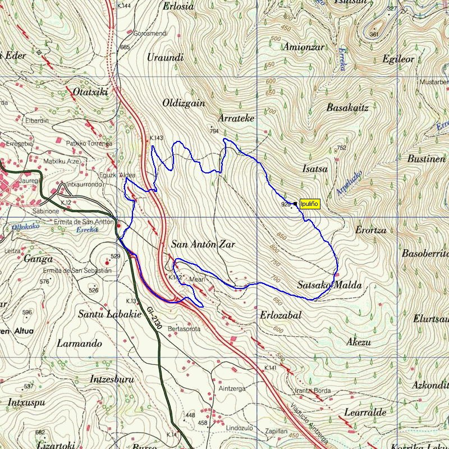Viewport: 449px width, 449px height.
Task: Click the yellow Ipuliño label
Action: click(309, 204)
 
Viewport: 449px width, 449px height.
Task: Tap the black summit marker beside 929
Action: click(295, 204)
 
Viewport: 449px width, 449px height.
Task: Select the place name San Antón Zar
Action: click(203, 245)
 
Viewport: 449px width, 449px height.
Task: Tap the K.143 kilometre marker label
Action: click(156, 138)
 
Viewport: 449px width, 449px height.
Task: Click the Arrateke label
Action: click(236, 118)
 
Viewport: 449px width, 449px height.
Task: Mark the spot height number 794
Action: click(213, 131)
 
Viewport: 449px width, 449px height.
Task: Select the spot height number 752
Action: click(341, 148)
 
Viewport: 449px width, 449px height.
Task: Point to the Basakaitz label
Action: click(347, 107)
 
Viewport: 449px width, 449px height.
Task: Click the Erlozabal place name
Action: click(281, 315)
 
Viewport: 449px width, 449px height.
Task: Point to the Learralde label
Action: click(365, 412)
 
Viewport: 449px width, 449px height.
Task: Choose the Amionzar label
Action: click(305, 47)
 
